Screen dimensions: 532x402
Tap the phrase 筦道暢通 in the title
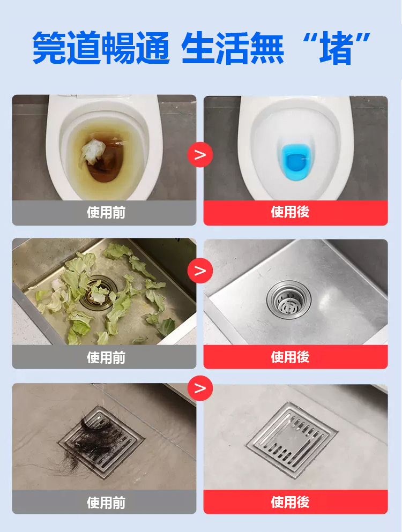coord(101,48)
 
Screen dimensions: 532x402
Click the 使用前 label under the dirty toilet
coord(106,213)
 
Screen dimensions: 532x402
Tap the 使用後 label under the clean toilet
coord(290,213)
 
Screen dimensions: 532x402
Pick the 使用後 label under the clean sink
coord(290,357)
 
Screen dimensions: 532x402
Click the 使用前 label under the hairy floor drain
coord(106,503)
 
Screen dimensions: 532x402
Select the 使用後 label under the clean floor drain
coord(290,502)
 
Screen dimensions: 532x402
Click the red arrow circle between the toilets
coord(200,155)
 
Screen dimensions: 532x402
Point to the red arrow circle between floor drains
coord(200,388)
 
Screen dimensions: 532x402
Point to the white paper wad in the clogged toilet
coord(94,151)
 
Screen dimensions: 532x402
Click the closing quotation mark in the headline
coord(363,39)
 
